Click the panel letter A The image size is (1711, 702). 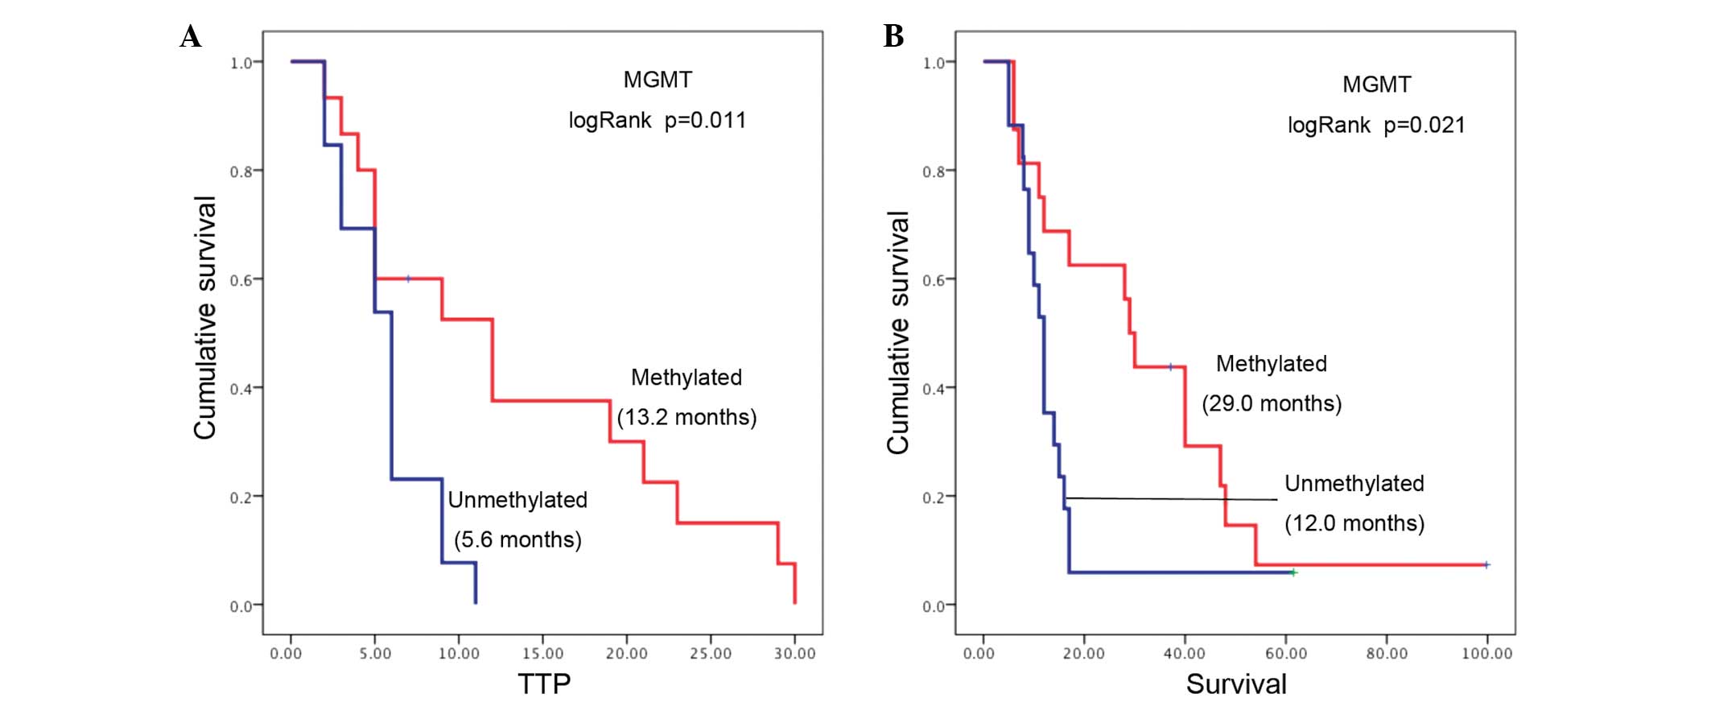191,37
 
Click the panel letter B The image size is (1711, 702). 893,36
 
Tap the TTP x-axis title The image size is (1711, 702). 544,683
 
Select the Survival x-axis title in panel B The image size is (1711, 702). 1235,683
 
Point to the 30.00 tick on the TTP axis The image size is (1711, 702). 794,653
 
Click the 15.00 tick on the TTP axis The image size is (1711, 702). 542,653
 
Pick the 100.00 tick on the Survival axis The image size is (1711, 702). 1486,653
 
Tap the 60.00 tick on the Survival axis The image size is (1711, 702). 1285,653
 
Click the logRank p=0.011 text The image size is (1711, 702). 657,121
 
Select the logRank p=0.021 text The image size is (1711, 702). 1376,126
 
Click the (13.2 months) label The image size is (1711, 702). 686,417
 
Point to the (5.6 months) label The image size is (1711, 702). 517,539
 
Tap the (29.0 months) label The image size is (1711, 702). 1272,403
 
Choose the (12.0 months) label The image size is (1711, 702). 1354,523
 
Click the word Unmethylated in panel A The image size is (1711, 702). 517,500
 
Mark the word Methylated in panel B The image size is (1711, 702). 1271,364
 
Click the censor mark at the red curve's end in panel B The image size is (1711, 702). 1486,564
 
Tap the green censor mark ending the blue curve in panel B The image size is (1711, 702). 1293,572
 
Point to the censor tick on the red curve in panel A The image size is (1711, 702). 408,279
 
